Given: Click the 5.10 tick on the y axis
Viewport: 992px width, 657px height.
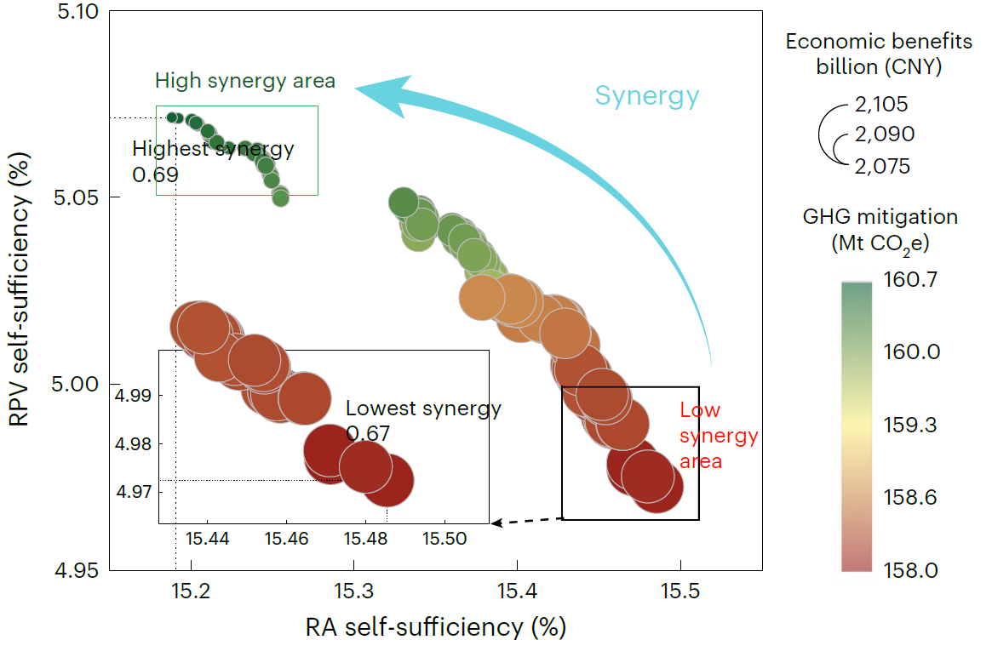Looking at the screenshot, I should (77, 12).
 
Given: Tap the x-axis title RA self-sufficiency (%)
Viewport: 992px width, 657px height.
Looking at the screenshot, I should (435, 628).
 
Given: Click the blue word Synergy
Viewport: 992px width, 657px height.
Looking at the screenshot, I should (646, 95).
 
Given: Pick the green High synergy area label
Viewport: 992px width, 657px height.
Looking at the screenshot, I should (245, 82).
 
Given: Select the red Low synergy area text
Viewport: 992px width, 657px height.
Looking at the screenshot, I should (718, 436).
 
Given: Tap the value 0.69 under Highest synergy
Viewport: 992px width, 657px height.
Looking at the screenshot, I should (156, 174).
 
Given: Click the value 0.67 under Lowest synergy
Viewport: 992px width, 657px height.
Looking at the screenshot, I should (368, 433).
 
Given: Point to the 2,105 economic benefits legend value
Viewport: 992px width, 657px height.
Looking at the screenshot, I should (880, 105).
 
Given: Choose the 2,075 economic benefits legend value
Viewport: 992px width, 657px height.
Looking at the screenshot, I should (880, 166).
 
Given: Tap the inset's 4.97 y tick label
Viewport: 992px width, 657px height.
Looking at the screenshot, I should (133, 492).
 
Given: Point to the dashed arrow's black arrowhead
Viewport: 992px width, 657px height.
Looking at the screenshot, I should (496, 523).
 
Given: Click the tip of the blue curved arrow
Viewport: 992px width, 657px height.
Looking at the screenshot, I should (356, 87).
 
